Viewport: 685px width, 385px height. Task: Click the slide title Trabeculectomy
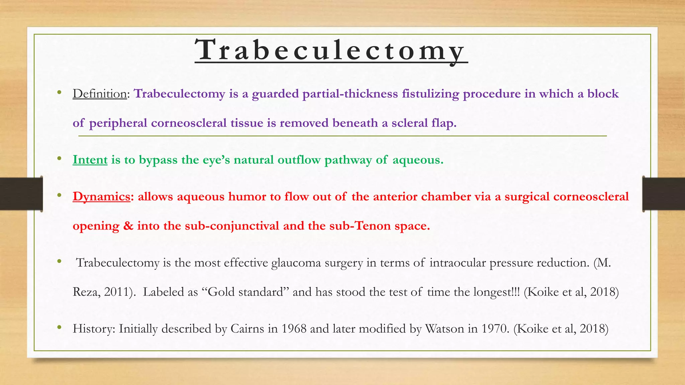(330, 50)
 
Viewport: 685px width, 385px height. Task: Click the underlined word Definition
(100, 94)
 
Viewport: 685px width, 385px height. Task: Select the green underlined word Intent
(90, 160)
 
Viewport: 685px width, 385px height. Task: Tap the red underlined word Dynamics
(101, 197)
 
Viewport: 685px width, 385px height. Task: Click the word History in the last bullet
(93, 329)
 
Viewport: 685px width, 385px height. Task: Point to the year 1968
(294, 329)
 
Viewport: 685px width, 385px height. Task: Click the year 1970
(495, 329)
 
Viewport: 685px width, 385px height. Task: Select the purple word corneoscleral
(189, 123)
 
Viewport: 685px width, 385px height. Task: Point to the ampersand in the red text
(128, 226)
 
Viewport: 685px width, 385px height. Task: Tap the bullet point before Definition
(59, 92)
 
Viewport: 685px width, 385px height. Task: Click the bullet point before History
(59, 328)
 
